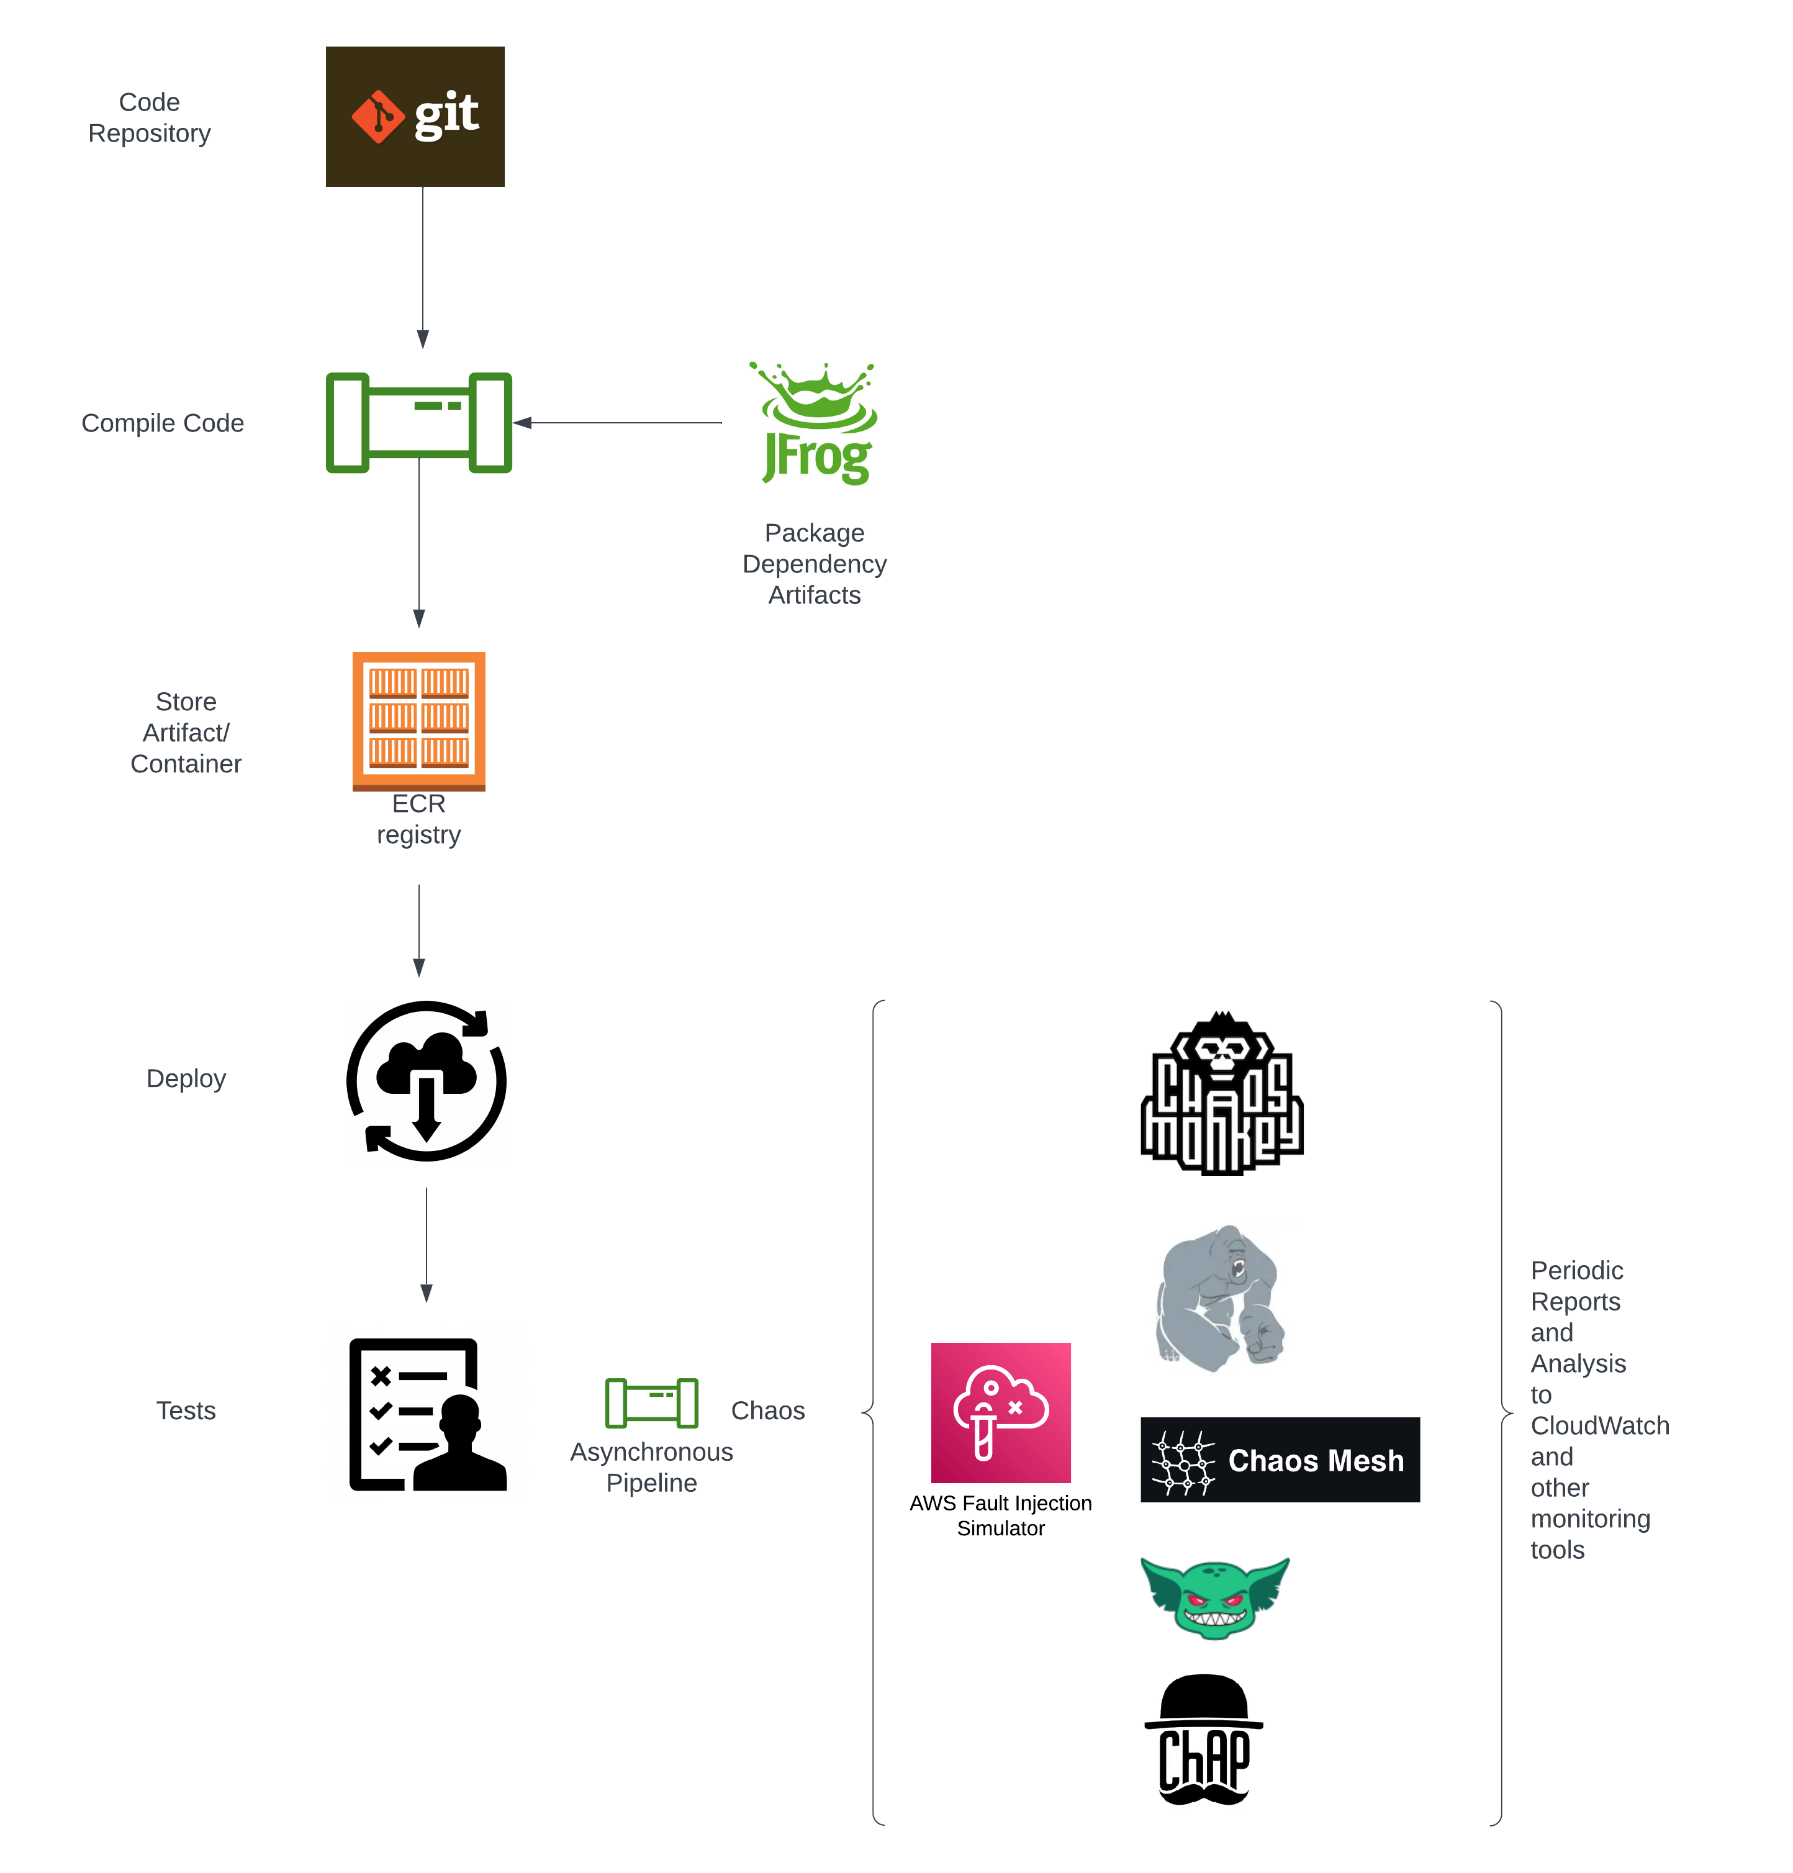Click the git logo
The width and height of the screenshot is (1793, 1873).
coord(415,117)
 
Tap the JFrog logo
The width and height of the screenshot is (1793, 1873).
coord(815,423)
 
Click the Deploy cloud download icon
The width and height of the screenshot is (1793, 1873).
coord(427,1081)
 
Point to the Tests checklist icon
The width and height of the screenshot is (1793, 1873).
coord(427,1414)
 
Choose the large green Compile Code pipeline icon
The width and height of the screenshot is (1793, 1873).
coord(418,422)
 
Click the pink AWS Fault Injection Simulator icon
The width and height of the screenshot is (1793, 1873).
coord(1001,1412)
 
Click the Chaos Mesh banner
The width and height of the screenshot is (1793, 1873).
coord(1280,1459)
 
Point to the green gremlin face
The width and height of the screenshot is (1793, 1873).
coord(1215,1597)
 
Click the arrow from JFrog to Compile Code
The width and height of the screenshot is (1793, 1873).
coord(621,422)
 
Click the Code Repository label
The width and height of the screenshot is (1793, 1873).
coord(149,117)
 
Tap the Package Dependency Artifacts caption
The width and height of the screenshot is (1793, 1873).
coord(815,564)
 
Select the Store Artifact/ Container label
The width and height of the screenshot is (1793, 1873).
coord(186,733)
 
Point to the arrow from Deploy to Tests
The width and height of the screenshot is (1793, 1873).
coord(427,1242)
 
